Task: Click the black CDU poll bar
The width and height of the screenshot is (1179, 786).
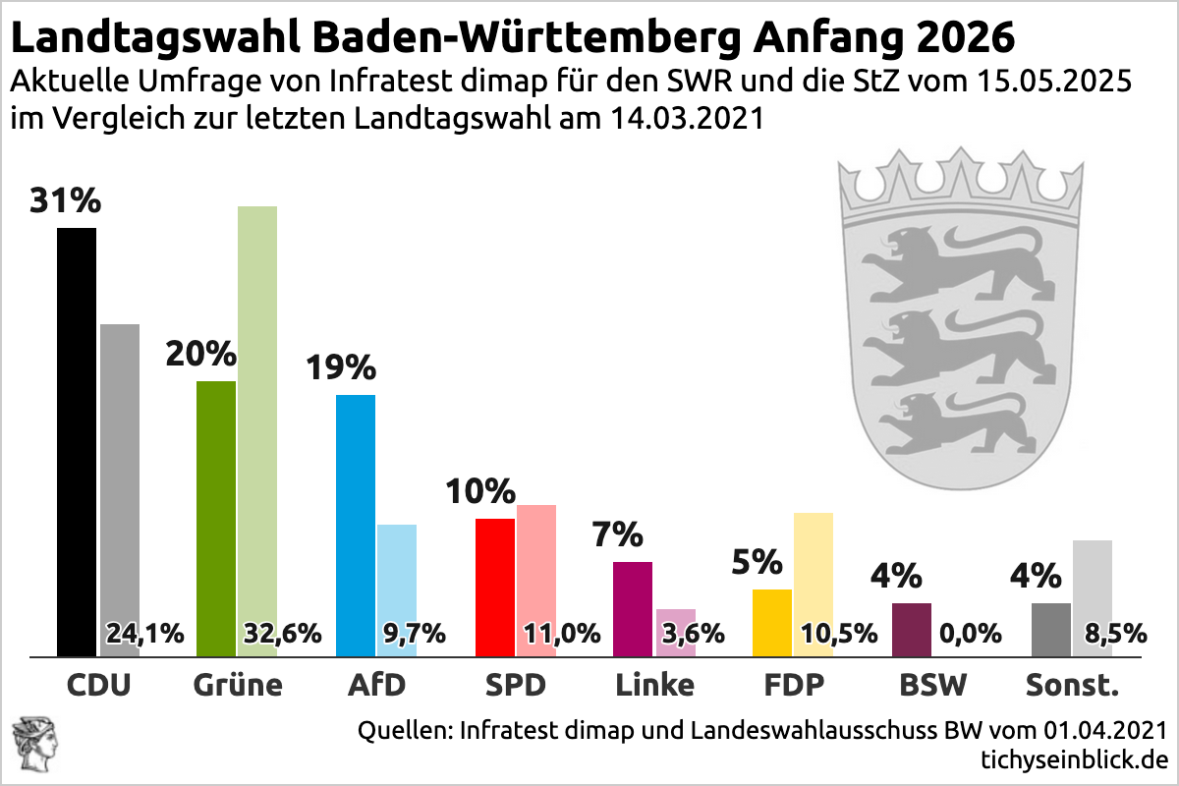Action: click(77, 441)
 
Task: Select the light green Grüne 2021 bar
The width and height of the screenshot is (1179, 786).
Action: click(257, 413)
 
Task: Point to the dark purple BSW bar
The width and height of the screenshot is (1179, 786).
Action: click(911, 629)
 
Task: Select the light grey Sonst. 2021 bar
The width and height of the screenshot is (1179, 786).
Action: click(1092, 580)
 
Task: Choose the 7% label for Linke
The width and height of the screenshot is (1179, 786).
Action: click(618, 535)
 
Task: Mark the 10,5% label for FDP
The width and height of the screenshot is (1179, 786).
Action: click(838, 633)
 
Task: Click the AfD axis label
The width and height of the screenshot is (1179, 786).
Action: click(376, 683)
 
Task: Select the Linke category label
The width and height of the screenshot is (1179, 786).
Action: click(654, 683)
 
